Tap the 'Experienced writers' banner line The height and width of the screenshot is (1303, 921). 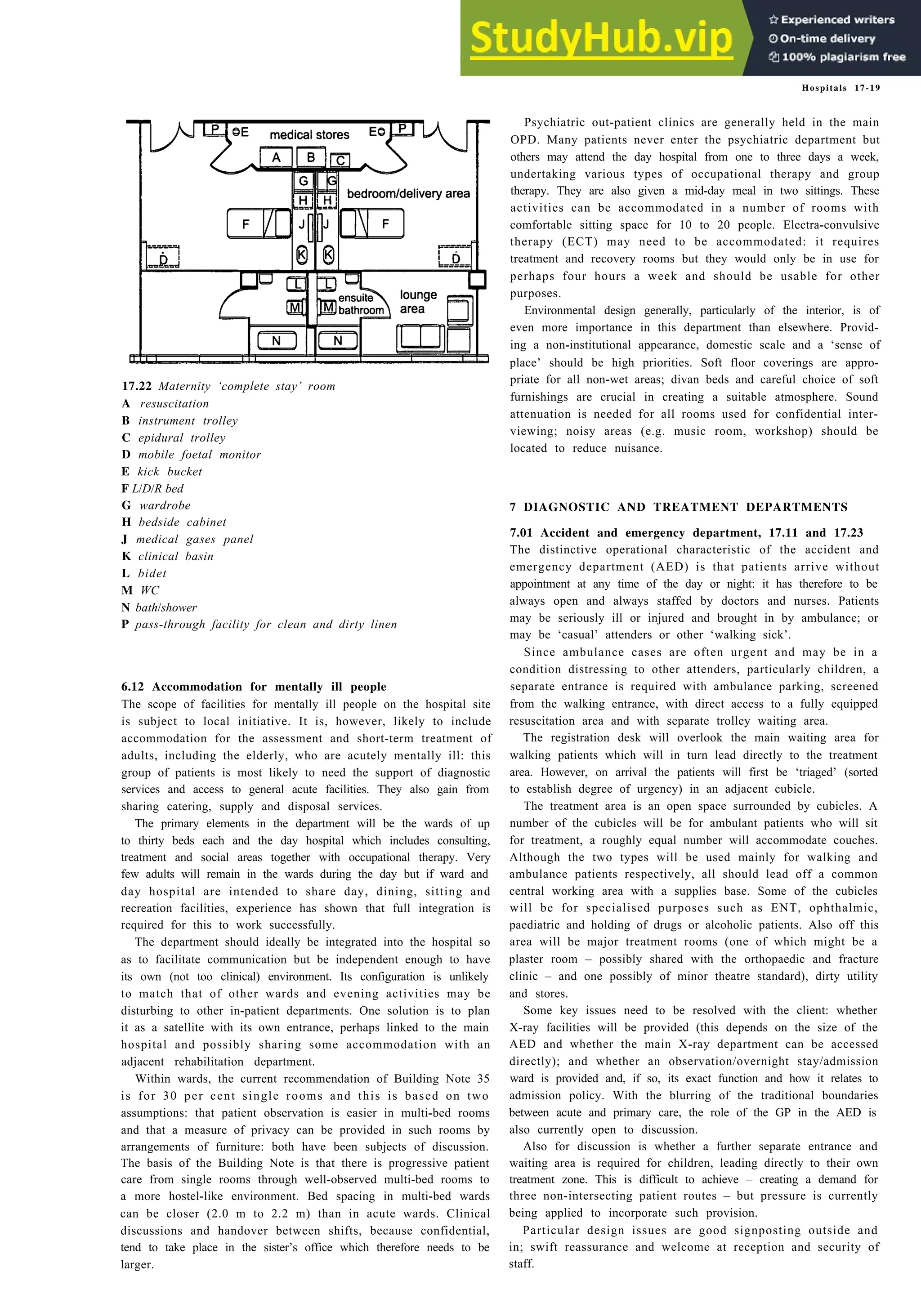coord(832,20)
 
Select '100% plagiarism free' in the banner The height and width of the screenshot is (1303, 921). coord(838,57)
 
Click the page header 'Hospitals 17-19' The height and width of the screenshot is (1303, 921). coord(841,88)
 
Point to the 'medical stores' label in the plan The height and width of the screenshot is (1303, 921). coord(309,135)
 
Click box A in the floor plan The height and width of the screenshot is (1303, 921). coord(276,157)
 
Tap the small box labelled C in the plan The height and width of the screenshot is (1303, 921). coord(340,161)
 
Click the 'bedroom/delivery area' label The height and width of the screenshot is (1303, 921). coord(408,193)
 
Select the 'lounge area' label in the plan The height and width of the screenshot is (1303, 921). coord(418,301)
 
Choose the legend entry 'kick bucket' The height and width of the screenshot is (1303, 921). coord(169,472)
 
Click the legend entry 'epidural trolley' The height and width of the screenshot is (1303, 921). coord(182,437)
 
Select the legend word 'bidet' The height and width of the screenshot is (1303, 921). coord(152,573)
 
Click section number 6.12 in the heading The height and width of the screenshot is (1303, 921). coord(133,687)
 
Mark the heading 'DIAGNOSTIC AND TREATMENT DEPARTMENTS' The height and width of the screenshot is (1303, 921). coord(685,507)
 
